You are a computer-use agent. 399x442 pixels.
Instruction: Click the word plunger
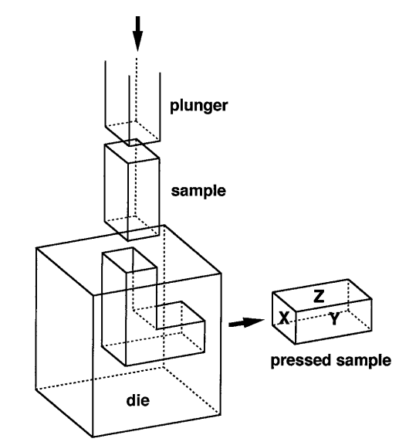[x=199, y=107]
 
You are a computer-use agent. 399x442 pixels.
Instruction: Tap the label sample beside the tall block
[x=198, y=191]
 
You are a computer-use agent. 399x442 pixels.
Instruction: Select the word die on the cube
[x=137, y=400]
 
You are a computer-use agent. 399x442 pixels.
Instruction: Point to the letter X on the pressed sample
[x=284, y=318]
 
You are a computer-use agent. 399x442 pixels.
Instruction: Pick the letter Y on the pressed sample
[x=334, y=319]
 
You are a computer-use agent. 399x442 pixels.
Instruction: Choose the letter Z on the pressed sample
[x=319, y=296]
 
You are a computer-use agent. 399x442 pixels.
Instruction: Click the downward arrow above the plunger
[x=137, y=34]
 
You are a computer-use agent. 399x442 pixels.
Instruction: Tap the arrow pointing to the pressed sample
[x=246, y=323]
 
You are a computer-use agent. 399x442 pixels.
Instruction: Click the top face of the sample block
[x=132, y=151]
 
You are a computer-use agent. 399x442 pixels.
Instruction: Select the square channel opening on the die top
[x=130, y=260]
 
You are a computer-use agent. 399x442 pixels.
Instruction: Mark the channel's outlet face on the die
[x=181, y=341]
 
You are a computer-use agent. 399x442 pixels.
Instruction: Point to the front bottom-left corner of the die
[x=93, y=437]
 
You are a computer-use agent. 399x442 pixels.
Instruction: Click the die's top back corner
[x=164, y=225]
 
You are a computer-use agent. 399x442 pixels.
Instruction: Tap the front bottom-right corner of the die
[x=221, y=414]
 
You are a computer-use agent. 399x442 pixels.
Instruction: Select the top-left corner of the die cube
[x=36, y=248]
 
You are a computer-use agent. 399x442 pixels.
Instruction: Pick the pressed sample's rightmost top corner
[x=372, y=299]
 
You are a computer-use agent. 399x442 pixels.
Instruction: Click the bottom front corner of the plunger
[x=129, y=146]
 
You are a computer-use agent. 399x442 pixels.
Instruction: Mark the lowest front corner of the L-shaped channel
[x=126, y=366]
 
